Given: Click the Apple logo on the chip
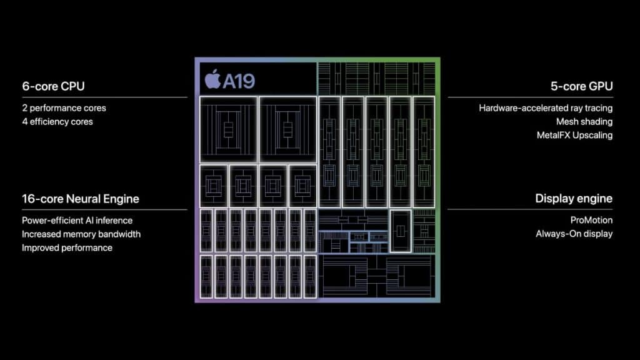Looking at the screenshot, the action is [212, 79].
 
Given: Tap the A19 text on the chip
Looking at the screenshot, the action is [239, 81].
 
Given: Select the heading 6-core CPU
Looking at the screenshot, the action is [54, 86].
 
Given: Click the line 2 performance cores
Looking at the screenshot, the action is [64, 108].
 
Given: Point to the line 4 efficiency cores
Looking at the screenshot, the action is [57, 122].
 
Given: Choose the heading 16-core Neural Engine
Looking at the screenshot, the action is [81, 199].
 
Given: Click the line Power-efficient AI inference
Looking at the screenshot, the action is [77, 221].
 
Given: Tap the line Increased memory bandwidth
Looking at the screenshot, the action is [81, 234].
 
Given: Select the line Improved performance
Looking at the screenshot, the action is [67, 247].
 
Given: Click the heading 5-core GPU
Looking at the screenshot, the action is [582, 86].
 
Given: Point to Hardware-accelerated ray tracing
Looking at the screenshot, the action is [546, 108].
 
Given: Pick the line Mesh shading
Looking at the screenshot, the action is [584, 122].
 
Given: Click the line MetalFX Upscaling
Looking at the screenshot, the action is [575, 135].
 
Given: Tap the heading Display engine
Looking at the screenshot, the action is [574, 198].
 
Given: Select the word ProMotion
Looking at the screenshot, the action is [591, 221].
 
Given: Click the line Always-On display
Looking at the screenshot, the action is [574, 234].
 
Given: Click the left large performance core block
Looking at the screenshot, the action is [229, 130].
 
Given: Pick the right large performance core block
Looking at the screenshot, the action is [287, 130].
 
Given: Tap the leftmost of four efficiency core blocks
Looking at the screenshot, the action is [214, 186].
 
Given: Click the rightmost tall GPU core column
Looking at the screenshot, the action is [424, 152].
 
